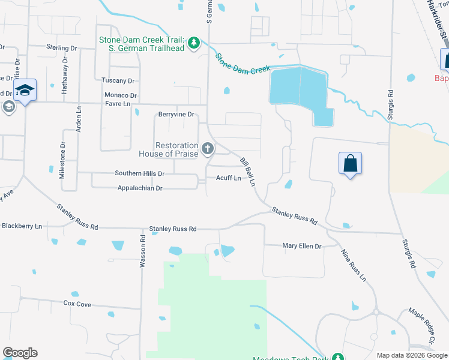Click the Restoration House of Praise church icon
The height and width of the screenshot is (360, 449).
(208, 148)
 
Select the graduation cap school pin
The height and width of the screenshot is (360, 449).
(25, 91)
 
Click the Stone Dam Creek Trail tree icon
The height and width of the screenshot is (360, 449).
(193, 43)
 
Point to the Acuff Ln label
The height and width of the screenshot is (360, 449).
(228, 178)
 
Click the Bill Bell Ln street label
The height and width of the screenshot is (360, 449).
(249, 172)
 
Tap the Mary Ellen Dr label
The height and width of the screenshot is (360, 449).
(302, 246)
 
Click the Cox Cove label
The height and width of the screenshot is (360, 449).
(77, 304)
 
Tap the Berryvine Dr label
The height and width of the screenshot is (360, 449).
(176, 114)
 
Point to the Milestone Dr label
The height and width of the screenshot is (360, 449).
(62, 160)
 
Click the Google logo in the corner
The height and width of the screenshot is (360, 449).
(20, 353)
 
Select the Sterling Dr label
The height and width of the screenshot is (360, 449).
(62, 47)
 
